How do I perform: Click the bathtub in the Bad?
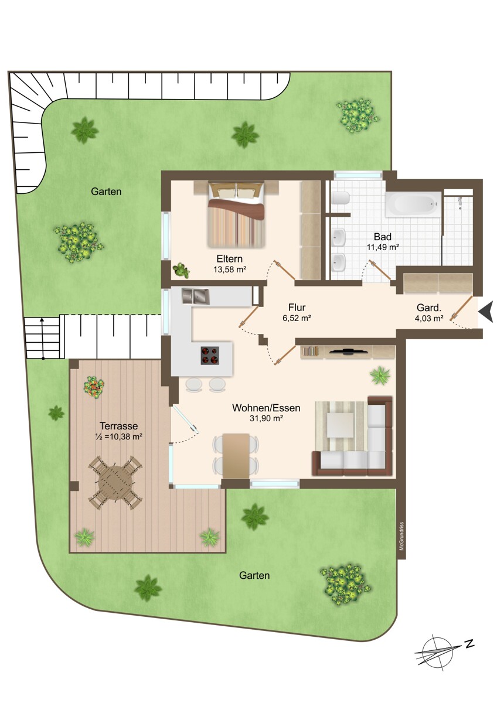coord(414,204)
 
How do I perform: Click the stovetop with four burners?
coord(210,355)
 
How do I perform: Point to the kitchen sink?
coord(195,296)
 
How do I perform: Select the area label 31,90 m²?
coord(267,418)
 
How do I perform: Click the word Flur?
coord(297,307)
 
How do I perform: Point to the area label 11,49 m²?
coord(383,247)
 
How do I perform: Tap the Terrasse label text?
coord(118,426)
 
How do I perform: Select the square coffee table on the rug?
coord(341,425)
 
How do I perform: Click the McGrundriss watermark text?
coord(401,536)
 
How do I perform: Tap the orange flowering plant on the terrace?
coord(94,387)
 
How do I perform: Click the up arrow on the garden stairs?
coord(43,339)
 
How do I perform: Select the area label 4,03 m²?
coord(430,318)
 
